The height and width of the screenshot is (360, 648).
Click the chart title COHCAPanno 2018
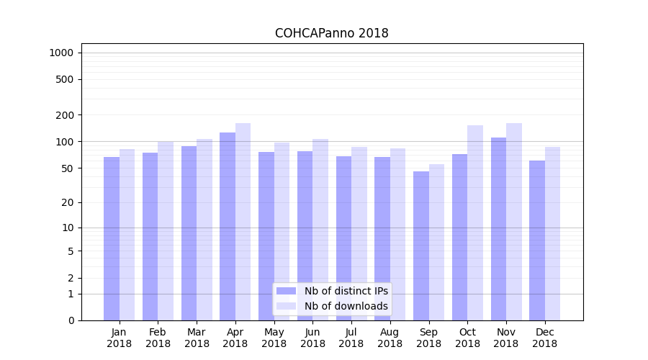[331, 34]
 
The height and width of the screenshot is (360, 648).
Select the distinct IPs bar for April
[228, 226]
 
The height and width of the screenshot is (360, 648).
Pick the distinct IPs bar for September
[421, 246]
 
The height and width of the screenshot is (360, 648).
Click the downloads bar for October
[475, 222]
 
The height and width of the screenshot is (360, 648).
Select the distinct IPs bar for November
[498, 229]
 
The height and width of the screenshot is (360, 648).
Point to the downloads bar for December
[552, 233]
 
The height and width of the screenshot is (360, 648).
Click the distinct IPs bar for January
[112, 238]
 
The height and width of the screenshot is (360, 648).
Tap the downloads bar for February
[166, 230]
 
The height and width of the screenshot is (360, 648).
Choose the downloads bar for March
[204, 230]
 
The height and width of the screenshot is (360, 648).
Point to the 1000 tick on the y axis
[61, 53]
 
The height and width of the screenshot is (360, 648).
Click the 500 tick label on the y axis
[65, 79]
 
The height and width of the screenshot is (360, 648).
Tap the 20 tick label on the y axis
[67, 202]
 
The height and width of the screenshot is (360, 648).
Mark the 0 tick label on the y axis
[71, 320]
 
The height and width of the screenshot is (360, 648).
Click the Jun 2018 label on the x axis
[312, 338]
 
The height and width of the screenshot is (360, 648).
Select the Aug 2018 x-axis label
[390, 338]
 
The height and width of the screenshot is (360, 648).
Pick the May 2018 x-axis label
[274, 338]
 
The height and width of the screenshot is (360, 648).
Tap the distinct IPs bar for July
[343, 238]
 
